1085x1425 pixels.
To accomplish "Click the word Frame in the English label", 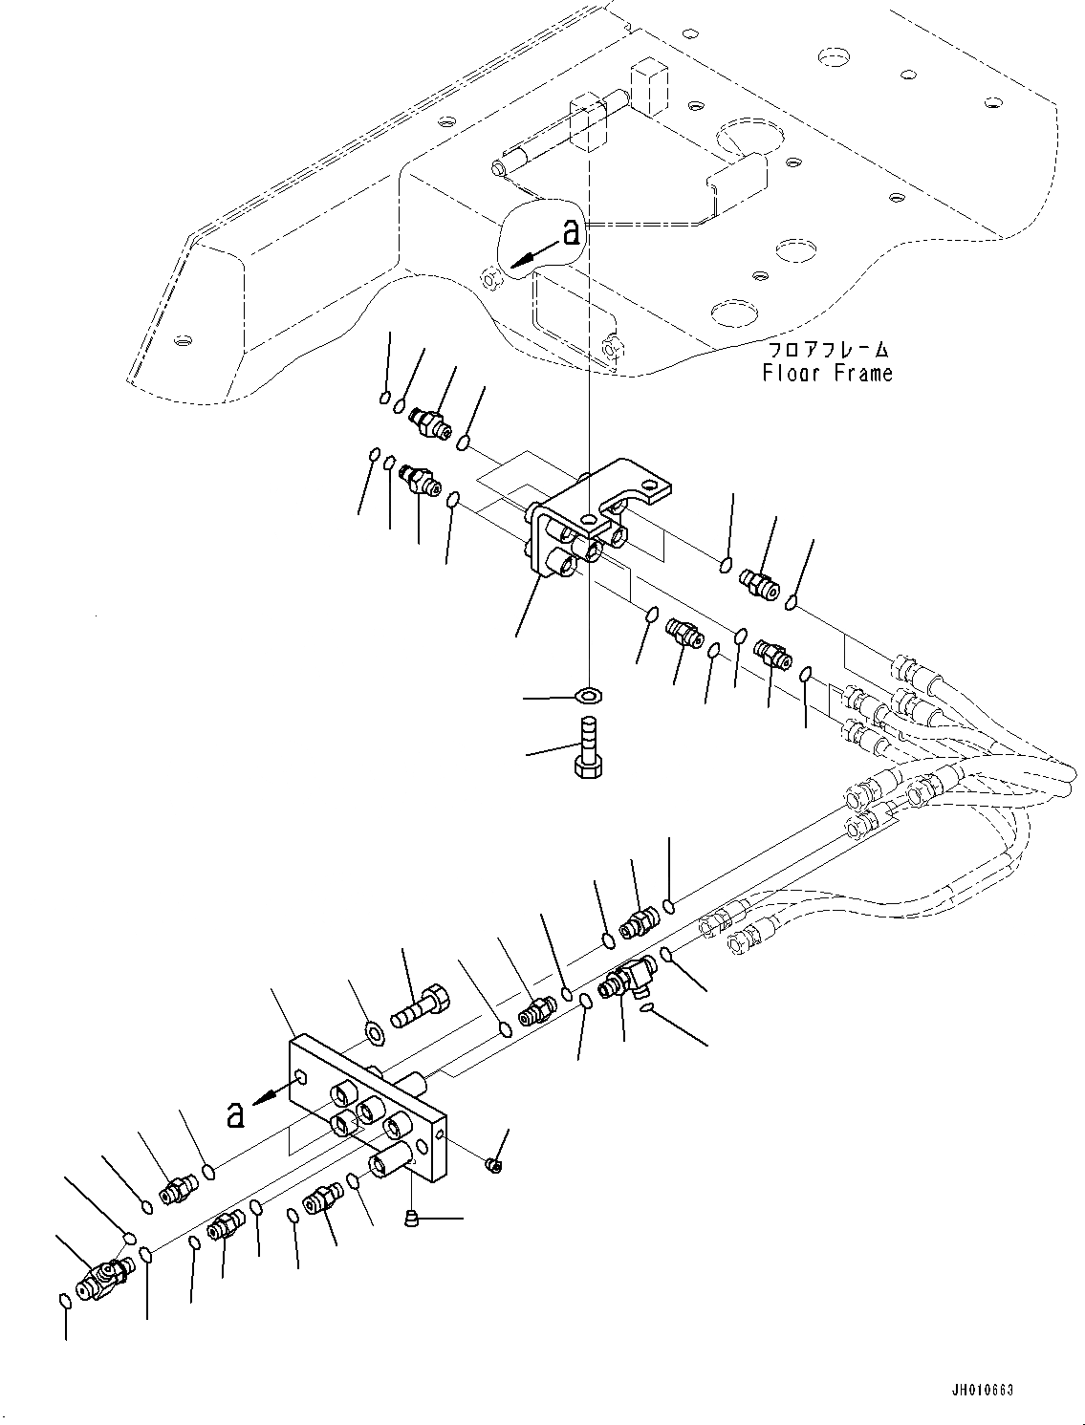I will pyautogui.click(x=860, y=373).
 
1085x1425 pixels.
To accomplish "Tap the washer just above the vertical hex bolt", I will pyautogui.click(x=590, y=692).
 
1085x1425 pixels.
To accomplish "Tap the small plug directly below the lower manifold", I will pyautogui.click(x=411, y=1217).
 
